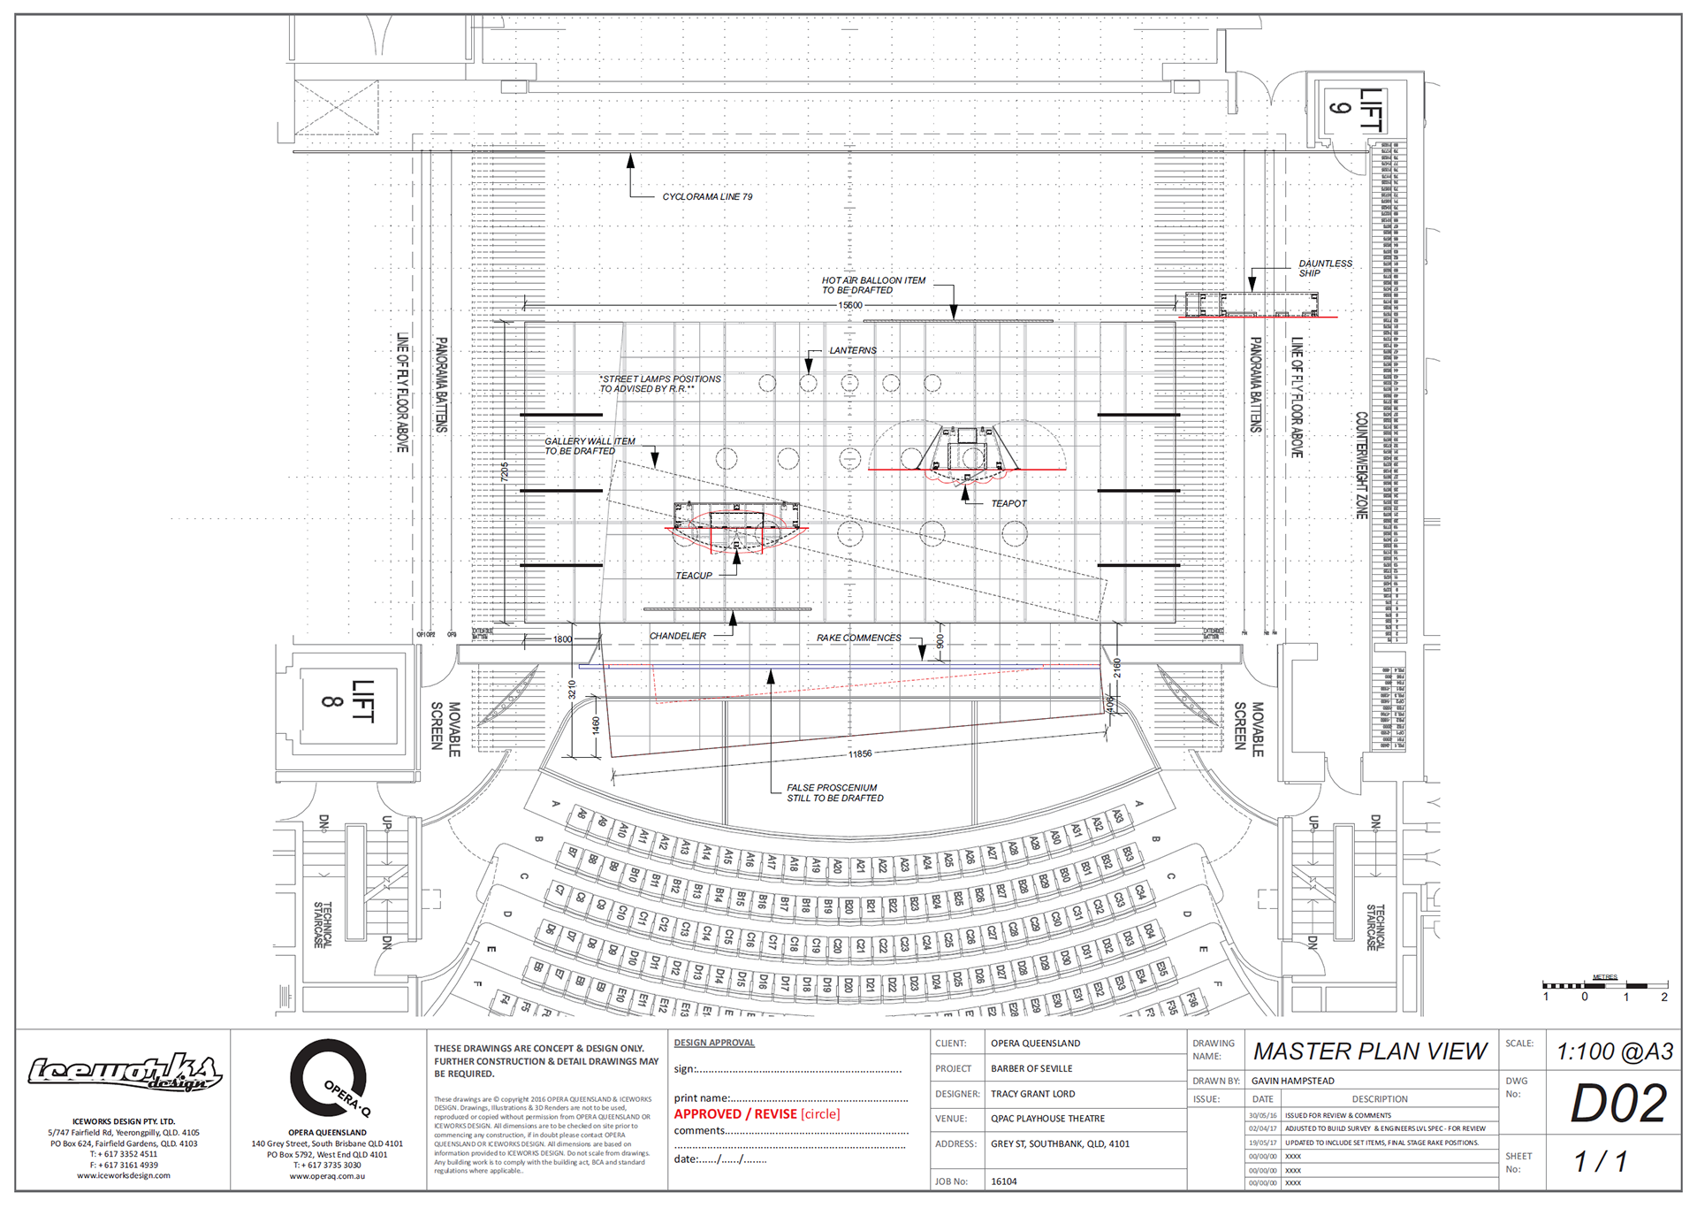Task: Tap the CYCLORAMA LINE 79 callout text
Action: point(707,197)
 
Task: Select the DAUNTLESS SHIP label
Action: point(1324,268)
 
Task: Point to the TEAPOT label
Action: point(1008,503)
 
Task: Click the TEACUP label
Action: point(694,576)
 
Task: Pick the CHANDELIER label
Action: point(678,636)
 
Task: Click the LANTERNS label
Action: point(853,350)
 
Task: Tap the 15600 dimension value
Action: point(850,305)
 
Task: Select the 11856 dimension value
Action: point(860,754)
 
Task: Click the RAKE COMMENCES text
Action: point(858,638)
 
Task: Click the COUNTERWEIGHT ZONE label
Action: point(1362,465)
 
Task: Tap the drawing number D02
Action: point(1617,1104)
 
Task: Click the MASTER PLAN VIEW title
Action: point(1370,1051)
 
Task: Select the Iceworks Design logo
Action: point(124,1074)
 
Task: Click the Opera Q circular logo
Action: point(329,1079)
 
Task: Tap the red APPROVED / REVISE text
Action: point(757,1114)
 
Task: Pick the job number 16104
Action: point(1004,1181)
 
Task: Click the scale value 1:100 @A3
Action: point(1614,1051)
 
